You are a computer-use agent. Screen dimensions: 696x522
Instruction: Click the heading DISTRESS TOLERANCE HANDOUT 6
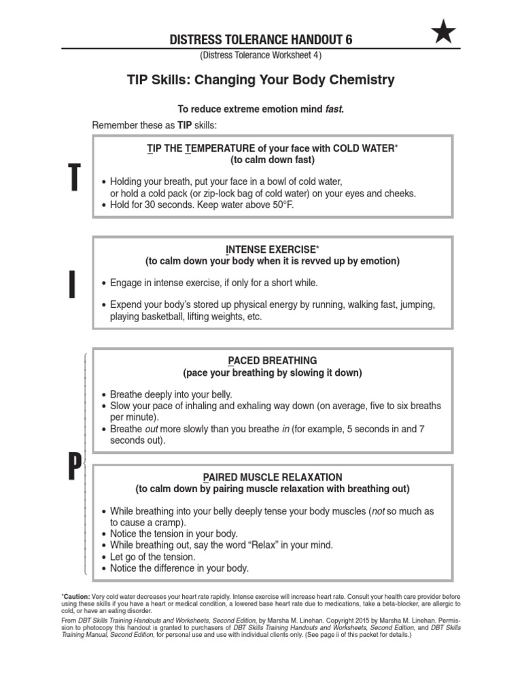(x=261, y=40)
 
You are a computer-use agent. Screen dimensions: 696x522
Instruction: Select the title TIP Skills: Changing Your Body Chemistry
(x=261, y=80)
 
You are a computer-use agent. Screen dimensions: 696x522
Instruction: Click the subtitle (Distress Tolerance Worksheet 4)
(x=261, y=55)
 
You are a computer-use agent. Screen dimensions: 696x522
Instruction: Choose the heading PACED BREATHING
(x=273, y=360)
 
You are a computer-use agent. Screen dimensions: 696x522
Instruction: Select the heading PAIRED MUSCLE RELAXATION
(x=273, y=477)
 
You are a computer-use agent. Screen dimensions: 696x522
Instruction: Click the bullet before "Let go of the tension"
(x=103, y=557)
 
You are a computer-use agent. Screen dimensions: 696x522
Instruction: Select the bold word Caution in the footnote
(x=77, y=596)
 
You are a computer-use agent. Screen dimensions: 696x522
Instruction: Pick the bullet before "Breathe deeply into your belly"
(x=103, y=395)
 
